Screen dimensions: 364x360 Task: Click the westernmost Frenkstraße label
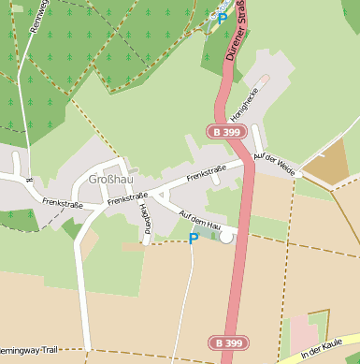(x=62, y=203)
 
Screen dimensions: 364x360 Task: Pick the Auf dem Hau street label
(x=199, y=221)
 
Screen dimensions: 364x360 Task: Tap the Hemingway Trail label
(x=28, y=349)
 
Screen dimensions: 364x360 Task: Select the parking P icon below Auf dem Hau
(x=194, y=239)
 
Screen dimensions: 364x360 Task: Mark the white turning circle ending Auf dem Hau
(x=226, y=237)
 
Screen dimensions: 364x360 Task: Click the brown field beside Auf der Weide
(x=326, y=165)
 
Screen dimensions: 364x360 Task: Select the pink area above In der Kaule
(x=305, y=333)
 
